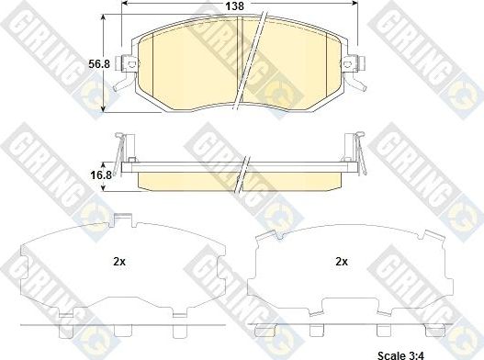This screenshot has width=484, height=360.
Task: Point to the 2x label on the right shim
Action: (x=342, y=262)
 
